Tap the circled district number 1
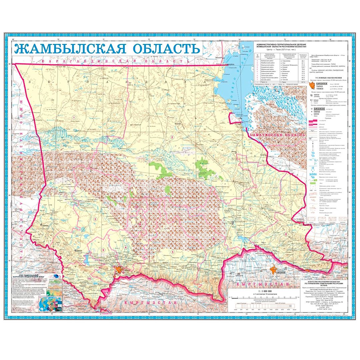(73, 118)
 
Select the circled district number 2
(172, 137)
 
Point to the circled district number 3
(95, 219)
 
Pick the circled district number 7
(249, 209)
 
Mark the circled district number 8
(286, 234)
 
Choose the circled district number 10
(89, 278)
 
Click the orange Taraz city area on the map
(119, 270)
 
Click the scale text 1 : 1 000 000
(253, 291)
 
